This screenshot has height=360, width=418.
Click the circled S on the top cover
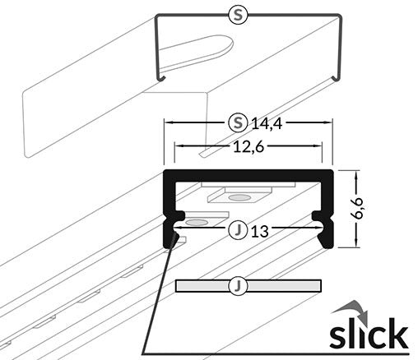click(239, 14)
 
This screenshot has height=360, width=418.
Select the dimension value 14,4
click(267, 124)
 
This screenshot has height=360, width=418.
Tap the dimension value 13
click(260, 231)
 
